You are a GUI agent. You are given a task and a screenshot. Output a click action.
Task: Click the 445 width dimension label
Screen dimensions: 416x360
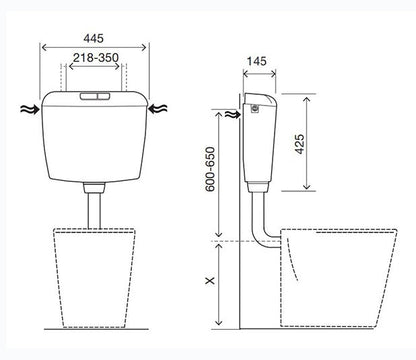click(93, 38)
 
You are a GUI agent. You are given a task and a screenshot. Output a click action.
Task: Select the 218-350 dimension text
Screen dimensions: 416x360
click(96, 58)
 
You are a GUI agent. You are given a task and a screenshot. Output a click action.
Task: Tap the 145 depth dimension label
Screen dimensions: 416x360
click(257, 61)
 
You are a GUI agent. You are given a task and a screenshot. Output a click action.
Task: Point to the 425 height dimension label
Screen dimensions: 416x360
click(300, 144)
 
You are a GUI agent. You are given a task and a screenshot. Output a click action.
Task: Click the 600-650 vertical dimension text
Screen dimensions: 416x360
click(210, 169)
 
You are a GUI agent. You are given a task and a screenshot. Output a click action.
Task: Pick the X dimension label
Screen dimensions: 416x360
click(210, 281)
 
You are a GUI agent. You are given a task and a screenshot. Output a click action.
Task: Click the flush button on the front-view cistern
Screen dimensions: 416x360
click(95, 96)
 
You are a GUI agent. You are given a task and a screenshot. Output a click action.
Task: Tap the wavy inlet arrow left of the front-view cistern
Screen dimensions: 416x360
click(30, 109)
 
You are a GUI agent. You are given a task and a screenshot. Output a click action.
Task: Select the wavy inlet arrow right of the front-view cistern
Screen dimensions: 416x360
click(157, 109)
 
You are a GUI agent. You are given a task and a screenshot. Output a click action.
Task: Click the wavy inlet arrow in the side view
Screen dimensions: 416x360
click(232, 115)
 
